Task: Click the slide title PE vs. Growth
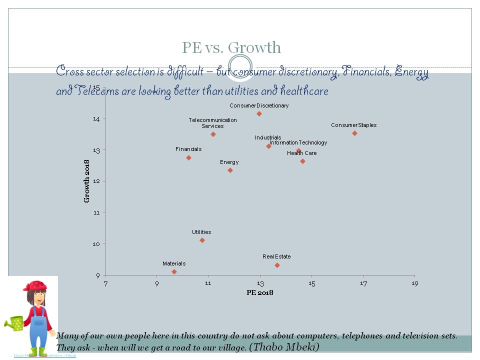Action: coord(231,48)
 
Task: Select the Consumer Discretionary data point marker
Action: coord(259,114)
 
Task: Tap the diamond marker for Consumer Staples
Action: coord(354,133)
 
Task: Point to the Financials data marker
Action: coord(188,158)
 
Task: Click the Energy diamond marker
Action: coord(230,170)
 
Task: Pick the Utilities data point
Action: coord(202,240)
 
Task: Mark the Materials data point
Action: coord(174,271)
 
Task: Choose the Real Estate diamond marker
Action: coord(277,265)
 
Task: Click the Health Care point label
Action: coord(301,153)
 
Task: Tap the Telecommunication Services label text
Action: coord(212,123)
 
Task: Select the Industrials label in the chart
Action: coord(268,137)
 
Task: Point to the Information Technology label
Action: coord(298,143)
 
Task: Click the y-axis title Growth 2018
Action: coord(87,181)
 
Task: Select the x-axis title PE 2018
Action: coord(259,293)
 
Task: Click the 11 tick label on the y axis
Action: coord(96,212)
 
